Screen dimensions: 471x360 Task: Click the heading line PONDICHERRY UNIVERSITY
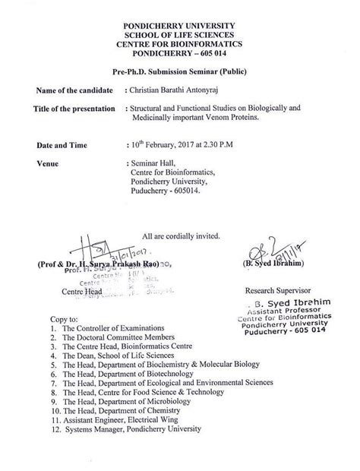pyautogui.click(x=180, y=26)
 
